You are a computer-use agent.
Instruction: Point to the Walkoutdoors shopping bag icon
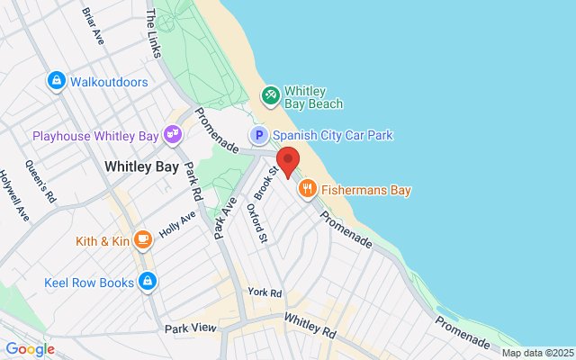(57, 82)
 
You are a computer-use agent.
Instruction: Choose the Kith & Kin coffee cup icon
(142, 239)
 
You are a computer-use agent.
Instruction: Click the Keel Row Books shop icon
(148, 283)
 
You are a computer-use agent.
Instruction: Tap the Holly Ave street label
(177, 221)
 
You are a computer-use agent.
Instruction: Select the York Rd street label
(265, 293)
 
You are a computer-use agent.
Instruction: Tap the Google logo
(30, 349)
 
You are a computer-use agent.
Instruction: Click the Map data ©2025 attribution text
(536, 353)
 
